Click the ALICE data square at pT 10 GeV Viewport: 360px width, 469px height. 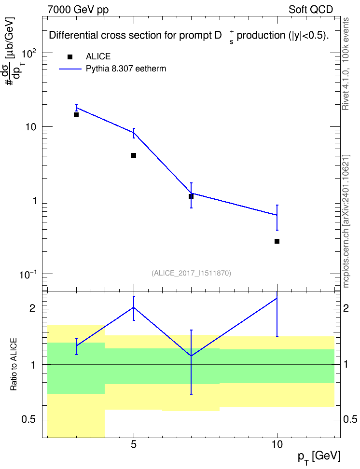[277, 241]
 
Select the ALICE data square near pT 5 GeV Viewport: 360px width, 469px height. [134, 155]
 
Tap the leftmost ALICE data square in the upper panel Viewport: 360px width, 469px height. [76, 114]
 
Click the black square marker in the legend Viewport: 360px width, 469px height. [69, 57]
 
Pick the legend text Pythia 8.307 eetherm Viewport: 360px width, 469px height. [125, 69]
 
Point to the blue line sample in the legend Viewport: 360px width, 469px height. [70, 69]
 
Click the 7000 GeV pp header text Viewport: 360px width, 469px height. [78, 10]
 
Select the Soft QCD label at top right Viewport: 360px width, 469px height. [311, 10]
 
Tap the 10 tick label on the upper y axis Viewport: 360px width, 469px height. [30, 127]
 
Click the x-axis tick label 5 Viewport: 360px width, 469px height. [134, 444]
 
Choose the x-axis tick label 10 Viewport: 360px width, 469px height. [277, 444]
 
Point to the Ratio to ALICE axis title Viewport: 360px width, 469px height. [14, 365]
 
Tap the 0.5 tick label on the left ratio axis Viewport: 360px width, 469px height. [28, 420]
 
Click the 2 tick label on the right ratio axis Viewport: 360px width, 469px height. [346, 308]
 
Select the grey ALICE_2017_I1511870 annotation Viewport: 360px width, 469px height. [192, 273]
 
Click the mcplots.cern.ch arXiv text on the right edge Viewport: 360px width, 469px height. [346, 221]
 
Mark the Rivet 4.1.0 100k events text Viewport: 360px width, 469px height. [346, 64]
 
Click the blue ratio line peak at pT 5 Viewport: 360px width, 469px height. [134, 307]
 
